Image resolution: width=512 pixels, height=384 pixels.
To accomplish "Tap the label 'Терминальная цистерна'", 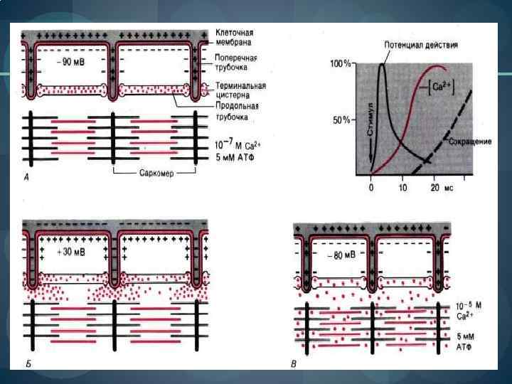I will pos(241,91).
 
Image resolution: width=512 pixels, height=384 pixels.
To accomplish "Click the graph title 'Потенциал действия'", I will pos(420,45).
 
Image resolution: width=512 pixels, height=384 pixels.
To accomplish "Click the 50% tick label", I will pos(341,120).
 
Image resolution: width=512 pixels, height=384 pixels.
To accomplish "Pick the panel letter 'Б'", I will pos(27,364).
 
